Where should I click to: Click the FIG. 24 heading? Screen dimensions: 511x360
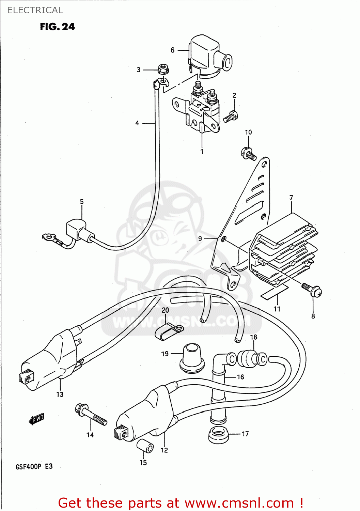[x=57, y=27]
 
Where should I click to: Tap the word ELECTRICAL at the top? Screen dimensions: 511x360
[x=35, y=10]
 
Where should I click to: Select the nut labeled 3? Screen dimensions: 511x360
[x=163, y=69]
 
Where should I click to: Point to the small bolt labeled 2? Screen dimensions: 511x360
[x=231, y=117]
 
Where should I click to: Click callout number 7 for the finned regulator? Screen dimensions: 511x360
[x=291, y=198]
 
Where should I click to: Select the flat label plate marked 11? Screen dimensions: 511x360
[x=275, y=292]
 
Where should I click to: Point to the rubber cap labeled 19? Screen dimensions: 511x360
[x=192, y=358]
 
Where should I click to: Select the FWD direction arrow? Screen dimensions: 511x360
[x=36, y=419]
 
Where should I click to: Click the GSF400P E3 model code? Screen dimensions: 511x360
[x=34, y=466]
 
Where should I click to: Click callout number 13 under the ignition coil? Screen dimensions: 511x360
[x=60, y=394]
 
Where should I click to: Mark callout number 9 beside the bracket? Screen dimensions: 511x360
[x=200, y=238]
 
